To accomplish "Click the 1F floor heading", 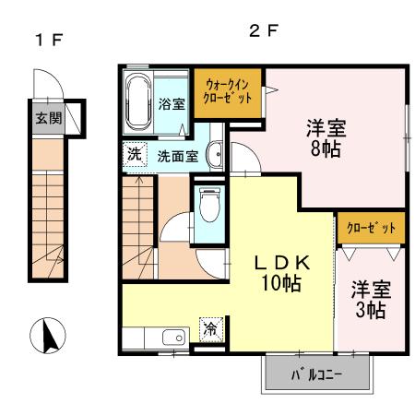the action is (x=49, y=40).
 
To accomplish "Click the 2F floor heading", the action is (x=264, y=30).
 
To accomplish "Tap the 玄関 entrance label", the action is (x=49, y=118).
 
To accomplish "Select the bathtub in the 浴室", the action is (x=139, y=101).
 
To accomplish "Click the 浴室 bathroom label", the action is (x=172, y=104).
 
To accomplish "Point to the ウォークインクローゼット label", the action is (x=228, y=91).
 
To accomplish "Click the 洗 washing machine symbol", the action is (x=135, y=154).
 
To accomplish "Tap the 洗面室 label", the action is (x=178, y=157).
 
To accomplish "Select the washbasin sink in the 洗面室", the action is (x=215, y=154).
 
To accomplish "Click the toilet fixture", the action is (x=209, y=204).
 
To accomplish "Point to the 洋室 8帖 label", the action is (x=326, y=137).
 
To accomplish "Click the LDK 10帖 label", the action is (x=281, y=273).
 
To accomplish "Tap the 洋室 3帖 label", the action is (x=371, y=300).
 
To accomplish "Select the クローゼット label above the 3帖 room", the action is (x=371, y=228).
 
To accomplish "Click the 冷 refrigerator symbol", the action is (x=211, y=329).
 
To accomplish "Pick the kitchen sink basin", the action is (x=174, y=338).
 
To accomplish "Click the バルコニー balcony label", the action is (x=316, y=374).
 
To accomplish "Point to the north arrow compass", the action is (x=48, y=336).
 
